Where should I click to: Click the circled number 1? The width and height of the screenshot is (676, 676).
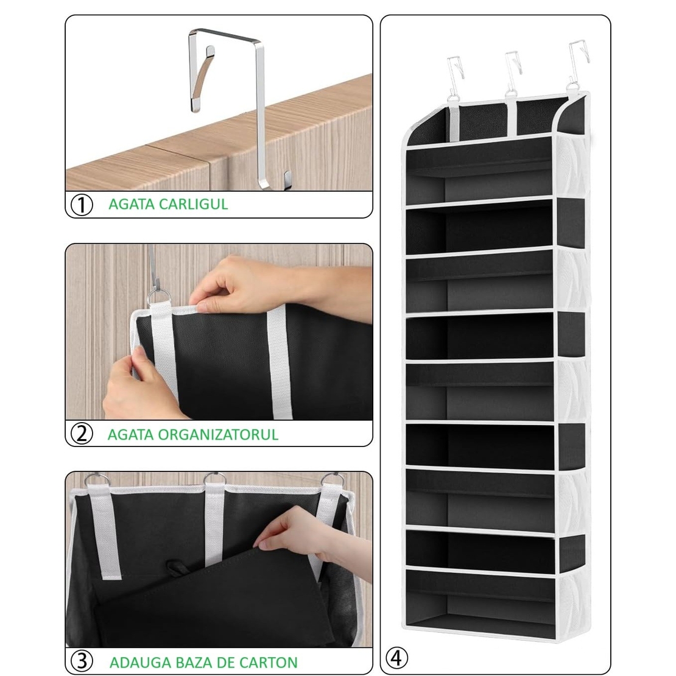(x=82, y=205)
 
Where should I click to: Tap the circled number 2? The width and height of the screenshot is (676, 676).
(x=82, y=434)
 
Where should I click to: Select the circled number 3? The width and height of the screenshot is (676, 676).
(x=82, y=661)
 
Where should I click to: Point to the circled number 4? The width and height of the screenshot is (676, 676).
(x=396, y=658)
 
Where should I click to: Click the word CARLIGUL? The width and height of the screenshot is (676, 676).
(x=193, y=204)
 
